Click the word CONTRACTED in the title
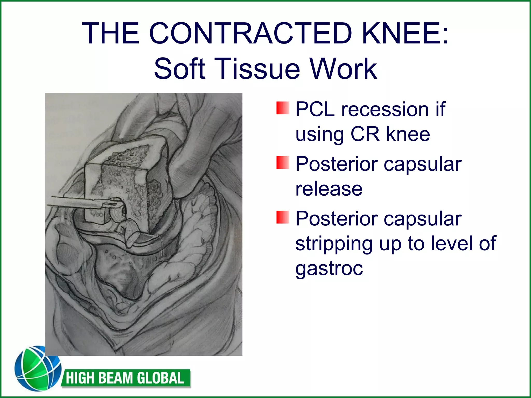pyautogui.click(x=250, y=33)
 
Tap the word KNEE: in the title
pyautogui.click(x=405, y=33)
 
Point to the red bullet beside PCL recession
pyautogui.click(x=283, y=108)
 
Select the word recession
pyautogui.click(x=385, y=109)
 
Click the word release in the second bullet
pyautogui.click(x=329, y=189)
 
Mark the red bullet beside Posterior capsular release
pyautogui.click(x=283, y=163)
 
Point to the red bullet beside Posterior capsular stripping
pyautogui.click(x=283, y=217)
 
